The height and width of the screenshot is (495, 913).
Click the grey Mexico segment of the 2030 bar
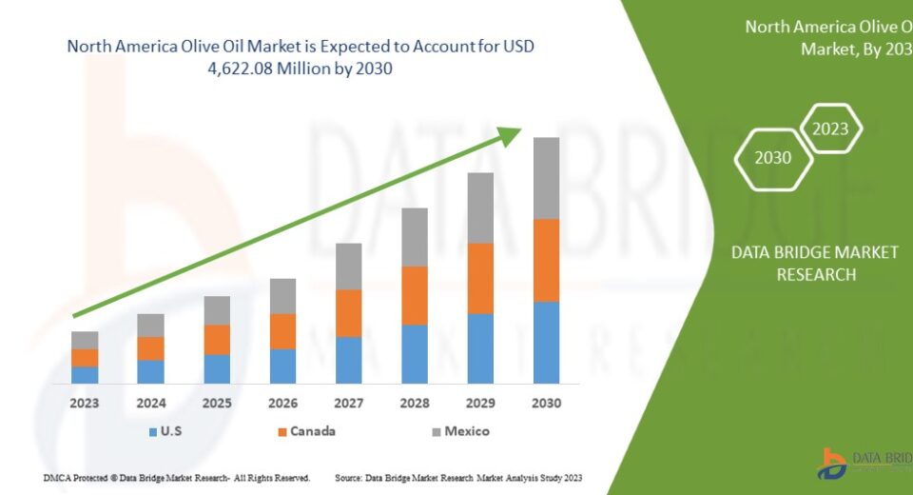pos(546,178)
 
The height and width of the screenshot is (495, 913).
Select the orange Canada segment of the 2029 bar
pos(480,278)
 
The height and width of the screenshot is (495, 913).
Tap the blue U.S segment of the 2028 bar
pos(415,353)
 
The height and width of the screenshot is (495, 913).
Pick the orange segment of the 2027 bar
pos(349,313)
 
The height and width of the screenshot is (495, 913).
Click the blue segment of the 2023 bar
pos(85,374)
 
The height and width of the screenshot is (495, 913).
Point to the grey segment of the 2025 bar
pos(217,310)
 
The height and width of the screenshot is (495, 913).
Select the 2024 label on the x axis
pos(151,404)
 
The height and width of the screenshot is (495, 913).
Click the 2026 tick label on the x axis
pos(282,404)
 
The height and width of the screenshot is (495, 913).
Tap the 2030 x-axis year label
pos(546,404)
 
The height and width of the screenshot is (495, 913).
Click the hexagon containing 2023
pos(830,129)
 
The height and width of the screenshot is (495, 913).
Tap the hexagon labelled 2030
pos(773,158)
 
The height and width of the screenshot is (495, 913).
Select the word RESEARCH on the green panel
pos(816,274)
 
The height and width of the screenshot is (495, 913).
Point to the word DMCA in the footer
pos(58,476)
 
